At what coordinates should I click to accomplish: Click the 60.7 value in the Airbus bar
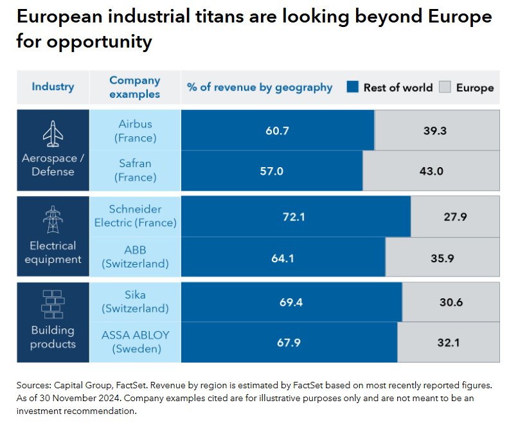click(x=277, y=130)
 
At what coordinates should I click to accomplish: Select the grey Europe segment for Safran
click(x=431, y=171)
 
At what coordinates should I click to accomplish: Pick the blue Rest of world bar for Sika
click(x=291, y=302)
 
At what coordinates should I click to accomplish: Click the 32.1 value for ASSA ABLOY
click(x=448, y=342)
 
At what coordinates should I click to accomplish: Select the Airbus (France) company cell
click(x=135, y=130)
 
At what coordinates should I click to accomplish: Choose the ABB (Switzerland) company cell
click(x=135, y=257)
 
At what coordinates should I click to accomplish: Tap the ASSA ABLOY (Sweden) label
click(x=135, y=342)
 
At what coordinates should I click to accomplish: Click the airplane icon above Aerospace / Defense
click(x=53, y=134)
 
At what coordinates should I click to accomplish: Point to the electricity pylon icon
click(x=53, y=220)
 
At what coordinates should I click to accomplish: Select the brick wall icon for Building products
click(x=53, y=303)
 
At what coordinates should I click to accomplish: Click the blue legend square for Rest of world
click(x=352, y=87)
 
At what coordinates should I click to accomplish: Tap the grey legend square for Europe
click(x=445, y=87)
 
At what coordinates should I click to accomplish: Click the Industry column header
click(x=53, y=87)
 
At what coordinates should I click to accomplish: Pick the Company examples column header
click(x=135, y=87)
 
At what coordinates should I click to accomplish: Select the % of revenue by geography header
click(x=260, y=87)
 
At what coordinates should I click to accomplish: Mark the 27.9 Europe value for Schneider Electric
click(x=454, y=217)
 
